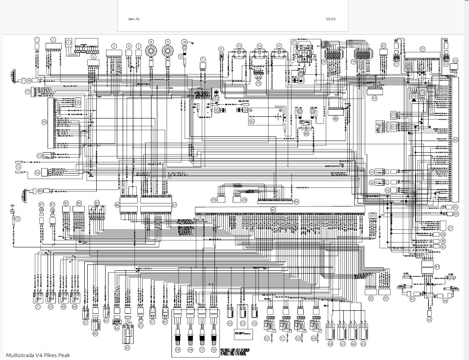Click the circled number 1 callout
(x=37, y=40)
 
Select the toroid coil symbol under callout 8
(x=151, y=51)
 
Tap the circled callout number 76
(x=44, y=122)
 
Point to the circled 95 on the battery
(x=252, y=121)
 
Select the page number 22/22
(x=331, y=19)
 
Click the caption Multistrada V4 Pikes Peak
(x=38, y=355)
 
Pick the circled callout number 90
(x=273, y=209)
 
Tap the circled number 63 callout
(x=127, y=347)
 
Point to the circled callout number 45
(x=363, y=344)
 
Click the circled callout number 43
(x=430, y=320)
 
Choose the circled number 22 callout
(x=422, y=49)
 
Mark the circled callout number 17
(x=294, y=43)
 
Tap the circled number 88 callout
(x=335, y=118)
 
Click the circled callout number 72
(x=18, y=219)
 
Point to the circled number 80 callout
(x=40, y=191)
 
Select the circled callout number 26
(x=455, y=140)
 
